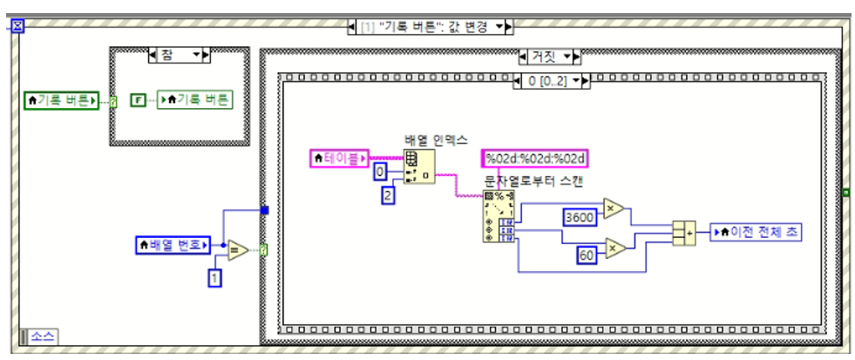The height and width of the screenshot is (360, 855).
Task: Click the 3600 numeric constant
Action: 580,215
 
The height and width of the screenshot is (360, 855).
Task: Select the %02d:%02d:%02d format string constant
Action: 536,158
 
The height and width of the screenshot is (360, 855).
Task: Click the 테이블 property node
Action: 339,158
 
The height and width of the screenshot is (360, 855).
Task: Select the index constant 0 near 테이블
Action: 381,172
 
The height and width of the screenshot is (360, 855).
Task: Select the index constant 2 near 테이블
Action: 389,194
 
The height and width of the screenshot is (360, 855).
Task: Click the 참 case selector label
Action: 180,55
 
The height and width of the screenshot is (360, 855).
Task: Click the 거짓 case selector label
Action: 548,58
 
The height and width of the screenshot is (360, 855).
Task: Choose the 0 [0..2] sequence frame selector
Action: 550,80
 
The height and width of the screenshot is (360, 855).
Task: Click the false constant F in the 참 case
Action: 137,100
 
